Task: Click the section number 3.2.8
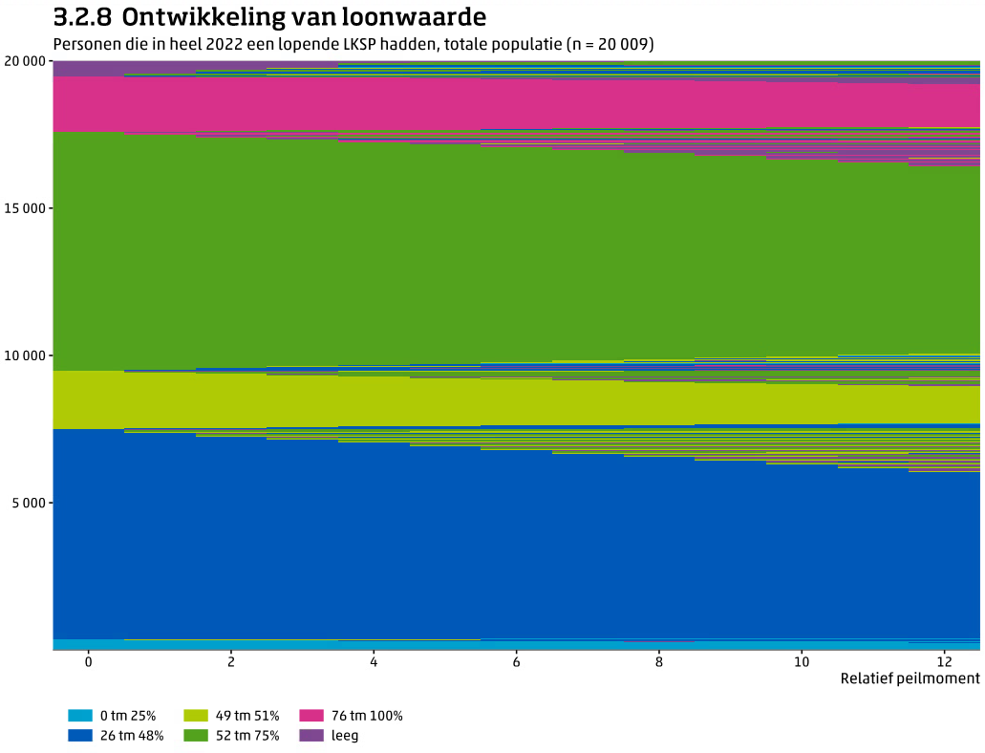tap(83, 17)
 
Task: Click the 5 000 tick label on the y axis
tap(30, 503)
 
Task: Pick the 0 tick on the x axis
tap(89, 661)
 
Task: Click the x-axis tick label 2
tap(231, 661)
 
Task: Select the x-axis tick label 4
tap(374, 661)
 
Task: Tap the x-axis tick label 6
tap(516, 661)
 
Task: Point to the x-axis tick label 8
tap(659, 661)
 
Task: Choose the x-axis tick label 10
tap(802, 661)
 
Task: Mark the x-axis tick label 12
tap(944, 661)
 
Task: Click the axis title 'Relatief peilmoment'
tap(910, 678)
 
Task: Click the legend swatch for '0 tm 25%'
tap(80, 716)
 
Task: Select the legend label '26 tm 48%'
tap(132, 736)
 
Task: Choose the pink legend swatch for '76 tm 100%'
tap(311, 716)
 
